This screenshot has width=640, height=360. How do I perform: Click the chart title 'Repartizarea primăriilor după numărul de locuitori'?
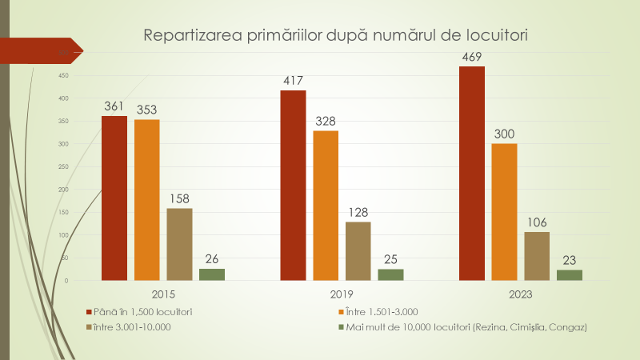pyautogui.click(x=335, y=35)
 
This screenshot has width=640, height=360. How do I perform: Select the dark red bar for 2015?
pyautogui.click(x=114, y=198)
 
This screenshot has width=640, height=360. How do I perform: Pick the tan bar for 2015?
pyautogui.click(x=179, y=244)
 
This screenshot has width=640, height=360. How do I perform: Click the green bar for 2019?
pyautogui.click(x=390, y=274)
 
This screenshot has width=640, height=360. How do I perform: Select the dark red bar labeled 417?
pyautogui.click(x=293, y=186)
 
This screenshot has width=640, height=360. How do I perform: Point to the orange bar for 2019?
pyautogui.click(x=326, y=206)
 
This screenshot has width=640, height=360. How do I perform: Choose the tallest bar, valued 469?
pyautogui.click(x=472, y=174)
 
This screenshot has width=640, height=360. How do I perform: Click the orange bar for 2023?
pyautogui.click(x=504, y=212)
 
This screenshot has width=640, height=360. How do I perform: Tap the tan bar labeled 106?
pyautogui.click(x=537, y=256)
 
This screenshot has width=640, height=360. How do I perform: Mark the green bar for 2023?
pyautogui.click(x=570, y=275)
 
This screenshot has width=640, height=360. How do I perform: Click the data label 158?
pyautogui.click(x=179, y=198)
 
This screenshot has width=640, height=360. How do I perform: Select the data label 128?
pyautogui.click(x=358, y=211)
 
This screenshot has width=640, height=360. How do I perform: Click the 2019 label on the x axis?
pyautogui.click(x=342, y=294)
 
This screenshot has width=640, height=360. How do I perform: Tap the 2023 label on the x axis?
pyautogui.click(x=521, y=294)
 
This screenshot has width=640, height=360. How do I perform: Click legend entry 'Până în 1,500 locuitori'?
pyautogui.click(x=143, y=311)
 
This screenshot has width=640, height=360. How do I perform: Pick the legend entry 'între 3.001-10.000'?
pyautogui.click(x=133, y=326)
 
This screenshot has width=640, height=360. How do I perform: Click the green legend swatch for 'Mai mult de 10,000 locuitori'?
pyautogui.click(x=341, y=326)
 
